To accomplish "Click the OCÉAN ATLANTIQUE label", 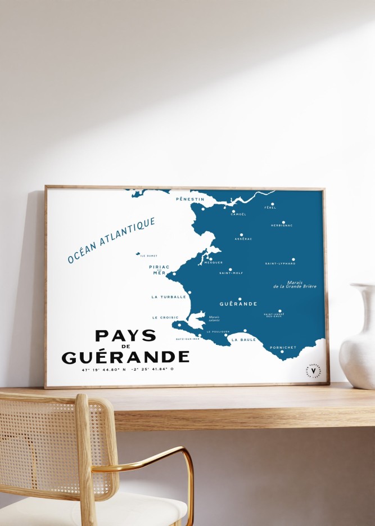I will pos(111,241).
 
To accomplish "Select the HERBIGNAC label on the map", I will pos(282,226).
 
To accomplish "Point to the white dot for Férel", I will pos(273,204).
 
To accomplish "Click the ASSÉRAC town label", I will pos(243,239).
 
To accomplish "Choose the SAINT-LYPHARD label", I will pos(279,263).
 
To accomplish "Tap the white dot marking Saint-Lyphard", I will pos(293,259).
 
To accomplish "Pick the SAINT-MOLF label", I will pos(231,273).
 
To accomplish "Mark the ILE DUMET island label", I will pos(148,255).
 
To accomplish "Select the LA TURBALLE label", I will pos(168,296).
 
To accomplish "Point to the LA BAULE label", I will pos(242,339).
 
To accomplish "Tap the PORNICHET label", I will pos(283,347).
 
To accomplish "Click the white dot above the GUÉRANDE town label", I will pos(240,299).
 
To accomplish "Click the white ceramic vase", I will pos(358,338).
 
